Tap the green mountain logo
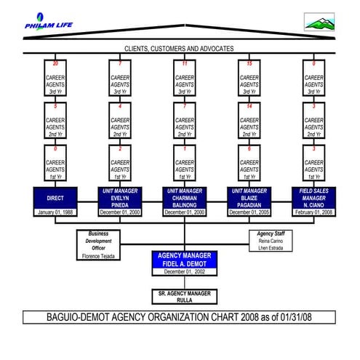(320, 23)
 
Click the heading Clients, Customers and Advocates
(179, 48)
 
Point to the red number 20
(55, 63)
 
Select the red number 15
(249, 63)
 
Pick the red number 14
(249, 106)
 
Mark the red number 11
(185, 63)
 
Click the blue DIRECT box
(55, 197)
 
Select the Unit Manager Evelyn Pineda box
(120, 197)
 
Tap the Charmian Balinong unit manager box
(185, 197)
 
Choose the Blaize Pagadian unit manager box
(249, 197)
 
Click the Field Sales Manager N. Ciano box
(314, 197)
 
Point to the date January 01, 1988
(55, 212)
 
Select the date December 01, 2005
(249, 212)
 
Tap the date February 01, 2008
(314, 212)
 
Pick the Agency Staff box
(270, 241)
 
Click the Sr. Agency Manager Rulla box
(185, 295)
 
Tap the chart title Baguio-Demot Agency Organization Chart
(180, 318)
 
